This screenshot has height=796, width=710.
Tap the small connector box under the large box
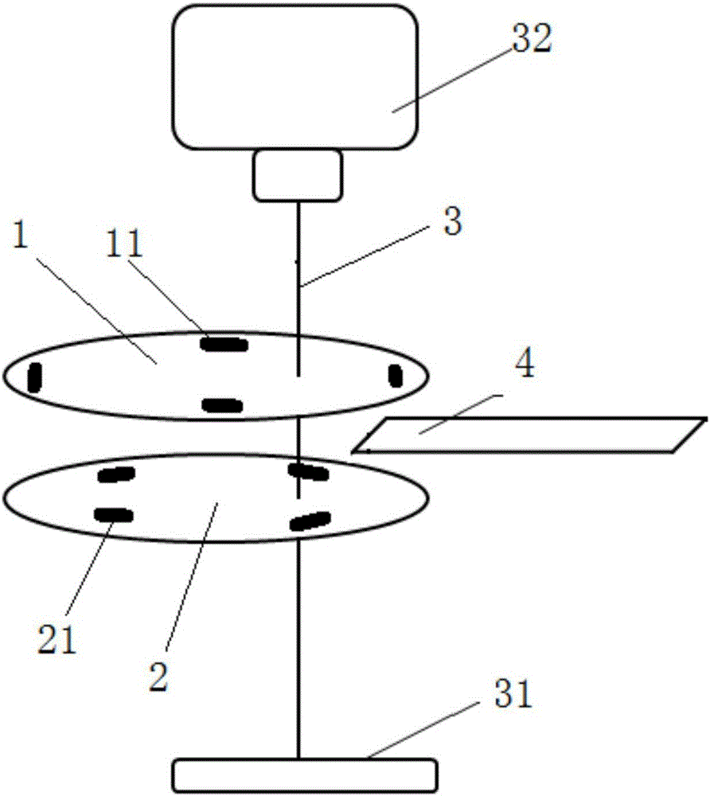pos(298,175)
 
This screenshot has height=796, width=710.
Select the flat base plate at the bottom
pos(305,772)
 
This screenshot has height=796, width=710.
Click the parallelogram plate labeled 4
pos(529,435)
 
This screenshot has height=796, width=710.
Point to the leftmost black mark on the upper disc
pos(34,377)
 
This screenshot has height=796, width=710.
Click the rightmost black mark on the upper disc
pos(395,375)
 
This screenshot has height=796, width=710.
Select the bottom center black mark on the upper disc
pos(222,405)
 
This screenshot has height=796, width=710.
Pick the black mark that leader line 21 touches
pos(113,514)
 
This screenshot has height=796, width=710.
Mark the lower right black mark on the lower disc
pos(310,521)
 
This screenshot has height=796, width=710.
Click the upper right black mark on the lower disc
pos(308,472)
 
